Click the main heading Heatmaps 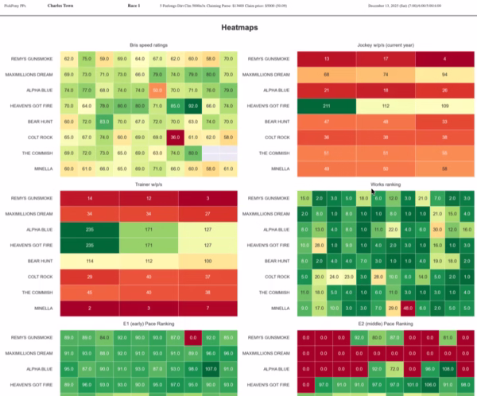coord(238,28)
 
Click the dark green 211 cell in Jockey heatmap coord(327,106)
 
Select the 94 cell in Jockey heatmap coord(444,75)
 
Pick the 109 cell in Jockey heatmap coord(444,106)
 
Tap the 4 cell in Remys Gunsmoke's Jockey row coord(444,60)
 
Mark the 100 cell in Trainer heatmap coord(208,260)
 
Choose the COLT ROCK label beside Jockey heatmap coord(274,137)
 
